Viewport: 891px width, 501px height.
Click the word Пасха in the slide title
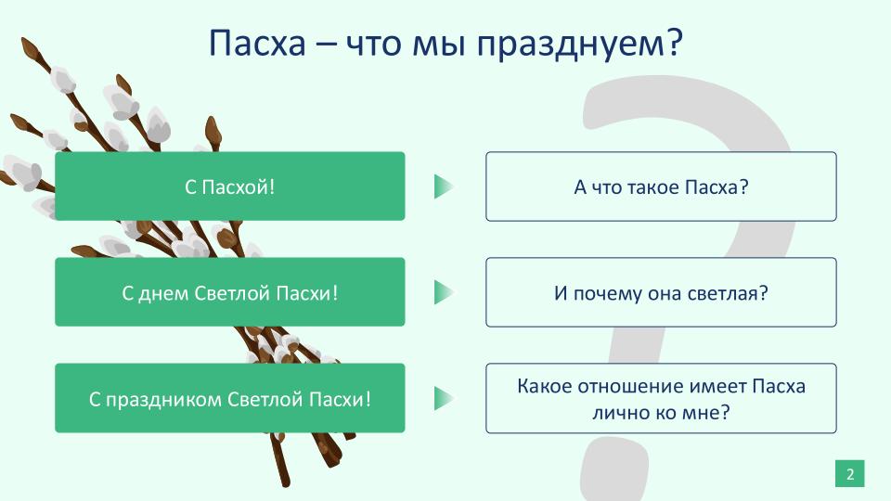click(257, 43)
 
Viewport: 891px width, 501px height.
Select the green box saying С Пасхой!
click(230, 186)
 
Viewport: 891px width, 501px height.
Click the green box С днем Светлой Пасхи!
click(230, 292)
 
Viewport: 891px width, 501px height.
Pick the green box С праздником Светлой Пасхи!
click(230, 398)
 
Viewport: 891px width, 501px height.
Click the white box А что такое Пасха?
click(661, 186)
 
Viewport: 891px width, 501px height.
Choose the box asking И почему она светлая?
click(661, 292)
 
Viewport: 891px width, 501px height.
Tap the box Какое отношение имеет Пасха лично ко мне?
click(661, 398)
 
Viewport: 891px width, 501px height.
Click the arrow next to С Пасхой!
click(444, 186)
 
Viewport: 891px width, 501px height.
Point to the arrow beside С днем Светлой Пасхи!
click(444, 292)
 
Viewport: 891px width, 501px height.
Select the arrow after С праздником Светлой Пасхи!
click(444, 398)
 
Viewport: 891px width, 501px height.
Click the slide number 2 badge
click(850, 474)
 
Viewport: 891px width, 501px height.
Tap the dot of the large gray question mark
click(614, 469)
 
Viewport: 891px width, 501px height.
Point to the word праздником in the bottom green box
click(163, 400)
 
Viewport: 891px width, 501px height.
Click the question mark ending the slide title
click(674, 43)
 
